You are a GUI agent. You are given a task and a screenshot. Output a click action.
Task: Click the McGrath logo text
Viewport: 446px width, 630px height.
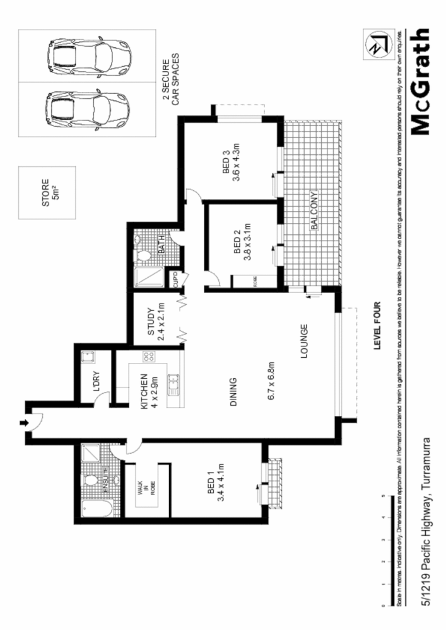click(420, 82)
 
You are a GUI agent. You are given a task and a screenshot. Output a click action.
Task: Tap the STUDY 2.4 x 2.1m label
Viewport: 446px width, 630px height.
click(155, 323)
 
